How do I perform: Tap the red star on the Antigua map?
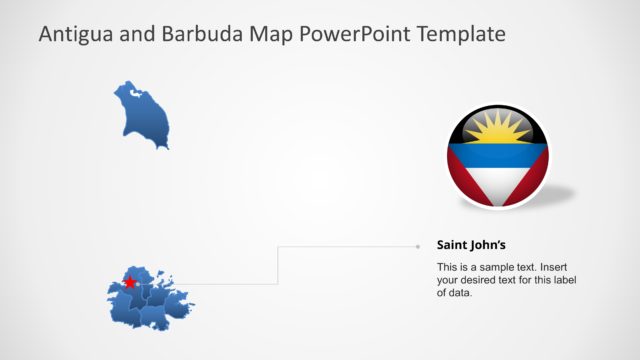click(129, 283)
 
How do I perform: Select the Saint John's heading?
click(471, 244)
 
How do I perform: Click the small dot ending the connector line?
click(417, 245)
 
